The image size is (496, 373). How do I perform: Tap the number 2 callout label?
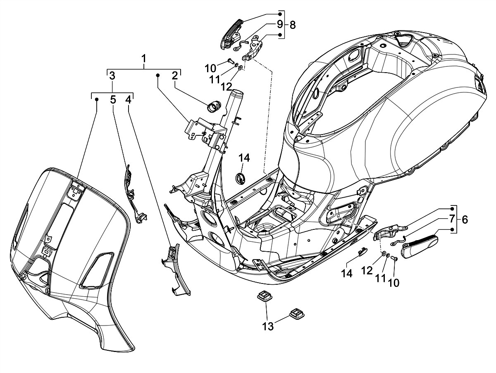[175, 76]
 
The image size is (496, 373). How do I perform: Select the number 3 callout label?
[112, 76]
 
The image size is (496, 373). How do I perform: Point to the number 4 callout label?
[129, 99]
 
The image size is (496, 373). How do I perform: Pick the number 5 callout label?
[113, 99]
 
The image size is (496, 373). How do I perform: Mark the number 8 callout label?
[292, 25]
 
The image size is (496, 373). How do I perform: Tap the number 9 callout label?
[280, 24]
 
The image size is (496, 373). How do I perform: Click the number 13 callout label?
[268, 326]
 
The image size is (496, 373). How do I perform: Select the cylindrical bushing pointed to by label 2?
[214, 106]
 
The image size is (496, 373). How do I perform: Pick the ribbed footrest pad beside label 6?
[420, 246]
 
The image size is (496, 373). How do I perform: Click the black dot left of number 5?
[97, 99]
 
